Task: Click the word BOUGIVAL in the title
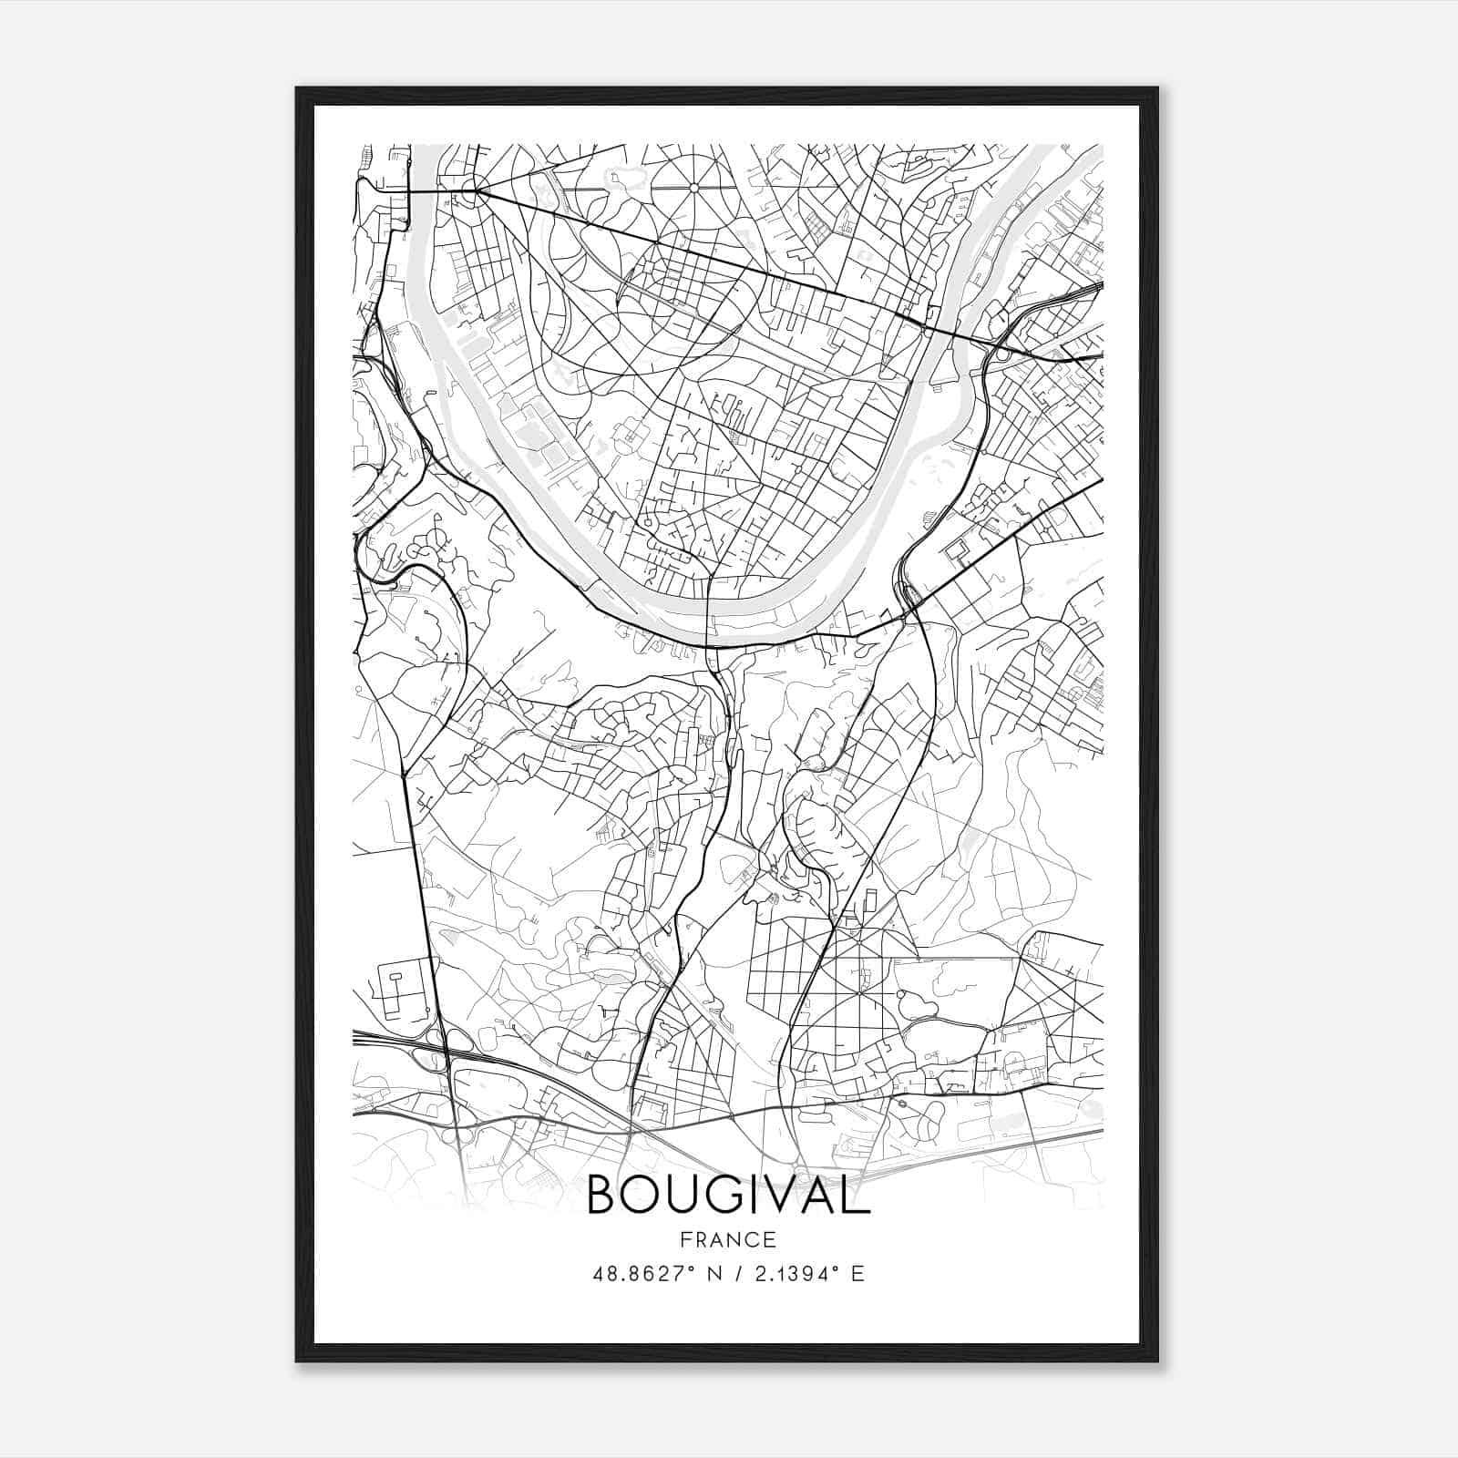(x=729, y=1194)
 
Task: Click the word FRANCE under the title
(x=729, y=1239)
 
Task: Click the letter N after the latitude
(x=714, y=1274)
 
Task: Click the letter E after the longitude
(x=857, y=1274)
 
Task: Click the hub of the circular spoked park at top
(x=693, y=188)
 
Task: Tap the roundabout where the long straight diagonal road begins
(x=470, y=191)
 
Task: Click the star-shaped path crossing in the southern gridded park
(x=860, y=974)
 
